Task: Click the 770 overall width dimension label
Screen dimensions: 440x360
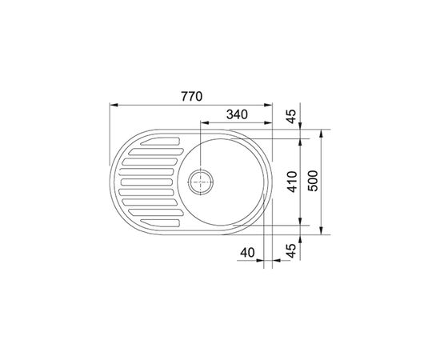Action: point(192,96)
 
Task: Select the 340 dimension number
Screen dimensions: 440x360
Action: point(237,114)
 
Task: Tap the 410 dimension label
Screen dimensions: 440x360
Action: point(292,182)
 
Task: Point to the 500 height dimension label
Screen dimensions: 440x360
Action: point(313,181)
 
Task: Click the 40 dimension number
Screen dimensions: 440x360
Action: point(247,253)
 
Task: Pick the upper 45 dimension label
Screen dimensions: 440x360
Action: point(292,117)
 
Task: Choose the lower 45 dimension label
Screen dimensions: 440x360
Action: point(292,250)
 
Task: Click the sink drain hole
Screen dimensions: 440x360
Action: point(201,182)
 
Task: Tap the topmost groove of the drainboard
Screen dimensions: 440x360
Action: point(160,141)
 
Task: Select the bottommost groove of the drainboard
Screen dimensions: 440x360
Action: point(160,222)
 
